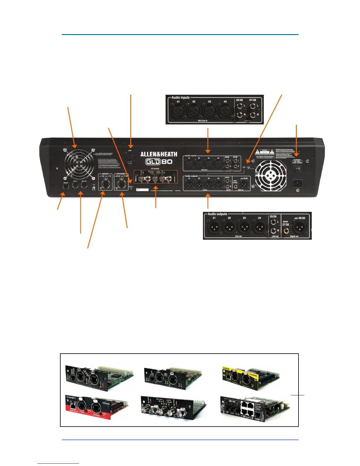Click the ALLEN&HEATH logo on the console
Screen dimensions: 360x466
coord(159,154)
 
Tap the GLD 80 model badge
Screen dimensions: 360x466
coord(159,162)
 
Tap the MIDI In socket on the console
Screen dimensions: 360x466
coord(75,186)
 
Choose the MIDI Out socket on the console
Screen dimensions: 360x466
coord(84,186)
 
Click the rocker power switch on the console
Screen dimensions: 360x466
coord(298,169)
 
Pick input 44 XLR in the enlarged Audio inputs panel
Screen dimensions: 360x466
coord(225,111)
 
